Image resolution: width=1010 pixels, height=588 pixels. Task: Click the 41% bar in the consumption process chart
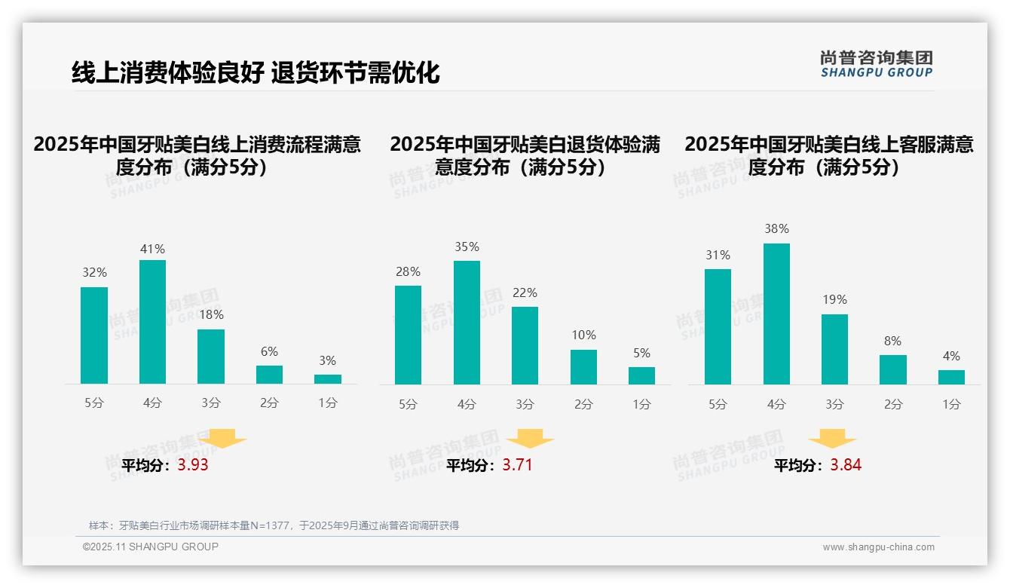click(x=152, y=322)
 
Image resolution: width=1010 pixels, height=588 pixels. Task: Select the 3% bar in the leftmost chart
click(x=328, y=379)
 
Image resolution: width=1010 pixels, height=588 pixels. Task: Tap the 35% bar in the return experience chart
click(x=467, y=323)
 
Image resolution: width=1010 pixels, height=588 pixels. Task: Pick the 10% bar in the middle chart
click(x=583, y=367)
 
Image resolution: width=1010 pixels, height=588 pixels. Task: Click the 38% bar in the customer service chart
click(x=776, y=314)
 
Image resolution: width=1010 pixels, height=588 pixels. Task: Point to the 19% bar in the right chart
click(x=834, y=349)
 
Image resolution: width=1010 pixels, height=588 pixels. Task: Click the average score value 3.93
click(x=193, y=465)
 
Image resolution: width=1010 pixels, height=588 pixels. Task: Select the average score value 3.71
click(x=517, y=465)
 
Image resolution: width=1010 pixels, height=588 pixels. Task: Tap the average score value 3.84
click(x=846, y=465)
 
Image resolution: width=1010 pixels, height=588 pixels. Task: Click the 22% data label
click(x=525, y=293)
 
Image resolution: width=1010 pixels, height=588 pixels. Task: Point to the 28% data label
click(x=408, y=272)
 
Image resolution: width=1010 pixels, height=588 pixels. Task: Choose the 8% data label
click(x=892, y=341)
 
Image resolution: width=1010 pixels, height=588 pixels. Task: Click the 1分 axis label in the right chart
click(x=951, y=405)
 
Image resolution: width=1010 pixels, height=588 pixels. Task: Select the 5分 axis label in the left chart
click(x=94, y=403)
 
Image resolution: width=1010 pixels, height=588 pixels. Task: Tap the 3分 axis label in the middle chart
click(x=525, y=405)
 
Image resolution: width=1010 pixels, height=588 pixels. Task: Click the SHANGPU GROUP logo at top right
click(x=877, y=64)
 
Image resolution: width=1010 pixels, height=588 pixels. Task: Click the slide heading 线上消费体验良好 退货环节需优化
click(x=256, y=72)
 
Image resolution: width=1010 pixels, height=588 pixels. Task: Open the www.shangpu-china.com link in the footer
click(x=878, y=547)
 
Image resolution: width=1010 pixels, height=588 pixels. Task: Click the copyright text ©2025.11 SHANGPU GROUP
click(x=151, y=547)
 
